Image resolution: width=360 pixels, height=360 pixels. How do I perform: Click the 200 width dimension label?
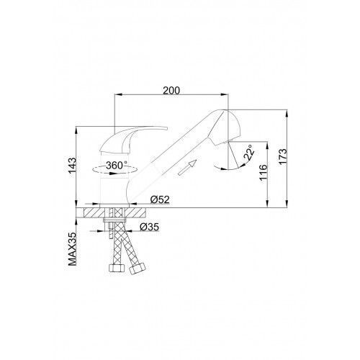171,91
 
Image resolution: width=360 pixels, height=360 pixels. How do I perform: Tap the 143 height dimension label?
72,166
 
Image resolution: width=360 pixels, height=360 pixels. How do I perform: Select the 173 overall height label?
283,156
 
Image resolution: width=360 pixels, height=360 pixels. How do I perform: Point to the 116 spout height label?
263,172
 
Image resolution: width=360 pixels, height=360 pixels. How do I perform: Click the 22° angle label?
249,153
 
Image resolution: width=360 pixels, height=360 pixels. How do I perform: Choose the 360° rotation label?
117,165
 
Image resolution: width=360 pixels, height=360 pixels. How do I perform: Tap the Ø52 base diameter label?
160,199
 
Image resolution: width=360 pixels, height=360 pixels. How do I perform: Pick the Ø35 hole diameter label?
149,227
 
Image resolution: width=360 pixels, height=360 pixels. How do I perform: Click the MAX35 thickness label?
72,249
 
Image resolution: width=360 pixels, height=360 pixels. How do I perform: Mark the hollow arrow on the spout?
187,168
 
